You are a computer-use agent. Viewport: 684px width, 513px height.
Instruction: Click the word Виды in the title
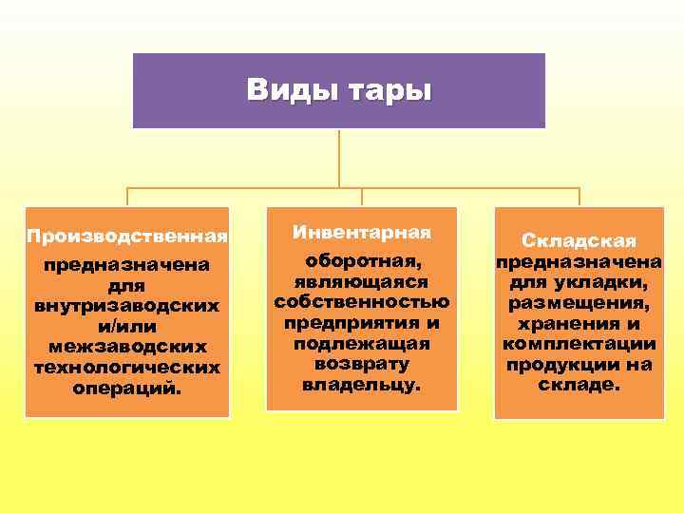click(x=282, y=90)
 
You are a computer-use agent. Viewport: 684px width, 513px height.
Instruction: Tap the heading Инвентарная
click(x=362, y=232)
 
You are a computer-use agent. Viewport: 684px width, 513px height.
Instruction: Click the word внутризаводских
click(x=127, y=307)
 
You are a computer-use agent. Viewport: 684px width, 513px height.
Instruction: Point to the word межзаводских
click(x=127, y=347)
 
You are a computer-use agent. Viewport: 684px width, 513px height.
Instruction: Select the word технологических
click(x=127, y=367)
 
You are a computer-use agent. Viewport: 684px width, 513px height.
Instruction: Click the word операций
click(x=127, y=388)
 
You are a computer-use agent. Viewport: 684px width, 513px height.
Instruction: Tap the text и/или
click(x=127, y=327)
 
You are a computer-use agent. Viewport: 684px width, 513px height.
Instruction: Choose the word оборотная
click(x=362, y=261)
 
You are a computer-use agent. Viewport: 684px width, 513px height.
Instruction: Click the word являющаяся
click(x=362, y=281)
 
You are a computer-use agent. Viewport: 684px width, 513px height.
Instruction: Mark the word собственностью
click(x=362, y=302)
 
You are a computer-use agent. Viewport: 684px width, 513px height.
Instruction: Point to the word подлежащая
click(x=362, y=343)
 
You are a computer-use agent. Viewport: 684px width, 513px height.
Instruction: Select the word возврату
click(x=362, y=364)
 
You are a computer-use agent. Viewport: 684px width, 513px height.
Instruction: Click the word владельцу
click(x=362, y=385)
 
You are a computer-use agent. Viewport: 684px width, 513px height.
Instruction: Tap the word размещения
click(x=579, y=303)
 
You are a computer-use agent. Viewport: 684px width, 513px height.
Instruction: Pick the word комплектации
click(x=579, y=344)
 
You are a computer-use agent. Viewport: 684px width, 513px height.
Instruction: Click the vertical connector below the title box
click(x=339, y=157)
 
